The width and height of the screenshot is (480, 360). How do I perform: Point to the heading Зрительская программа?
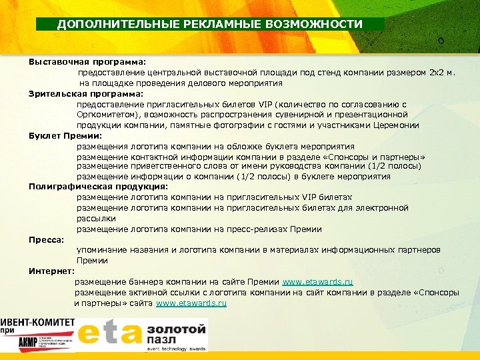point(85,93)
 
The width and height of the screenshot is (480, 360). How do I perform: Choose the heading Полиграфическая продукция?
point(98,187)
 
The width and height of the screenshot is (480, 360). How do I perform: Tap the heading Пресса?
point(46,239)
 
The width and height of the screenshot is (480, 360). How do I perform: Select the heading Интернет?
point(51,271)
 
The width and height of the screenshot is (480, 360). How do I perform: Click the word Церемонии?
point(397,125)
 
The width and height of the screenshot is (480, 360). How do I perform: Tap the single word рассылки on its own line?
point(96,218)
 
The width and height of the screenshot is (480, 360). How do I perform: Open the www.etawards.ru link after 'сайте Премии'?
point(317,281)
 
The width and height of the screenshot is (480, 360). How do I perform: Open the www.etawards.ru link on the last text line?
point(191,303)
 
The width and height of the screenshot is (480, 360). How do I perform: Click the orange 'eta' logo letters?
point(109,335)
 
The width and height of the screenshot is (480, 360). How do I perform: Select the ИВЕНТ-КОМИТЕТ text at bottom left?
point(37,322)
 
